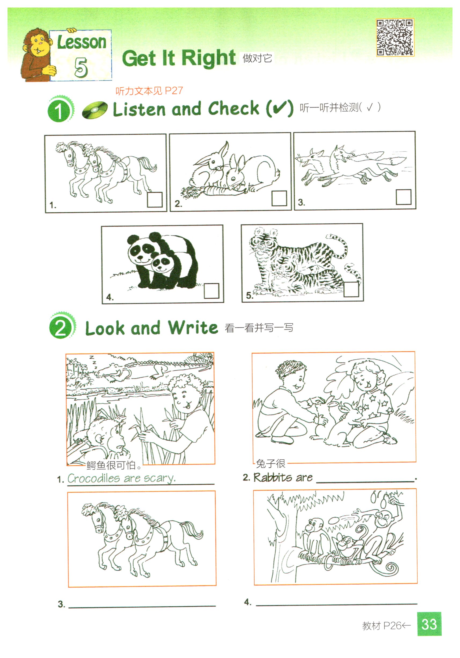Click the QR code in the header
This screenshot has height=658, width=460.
[x=395, y=38]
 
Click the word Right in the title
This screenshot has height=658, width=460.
[x=209, y=58]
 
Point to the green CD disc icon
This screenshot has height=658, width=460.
[x=95, y=110]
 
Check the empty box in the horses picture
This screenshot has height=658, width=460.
[x=155, y=199]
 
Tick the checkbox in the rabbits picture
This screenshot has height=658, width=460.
[x=279, y=198]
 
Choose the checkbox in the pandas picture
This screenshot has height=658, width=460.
[x=211, y=291]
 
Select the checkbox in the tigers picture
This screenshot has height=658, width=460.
[x=351, y=289]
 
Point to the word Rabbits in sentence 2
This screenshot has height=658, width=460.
[x=273, y=477]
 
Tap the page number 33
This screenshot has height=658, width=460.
[x=429, y=624]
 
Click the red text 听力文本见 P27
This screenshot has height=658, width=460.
[x=149, y=91]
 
